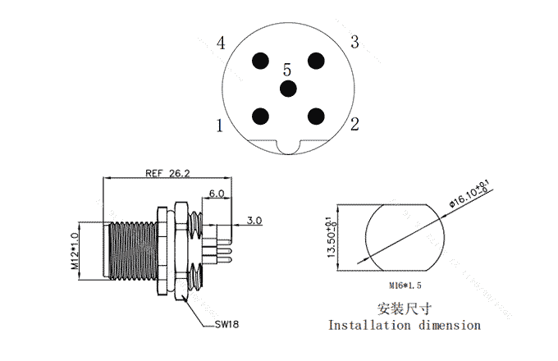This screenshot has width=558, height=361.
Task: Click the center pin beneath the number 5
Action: click(x=288, y=89)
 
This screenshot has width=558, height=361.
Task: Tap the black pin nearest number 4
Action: click(x=260, y=61)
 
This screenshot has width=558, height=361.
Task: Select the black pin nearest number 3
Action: click(x=316, y=61)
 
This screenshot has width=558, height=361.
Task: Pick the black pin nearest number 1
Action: click(x=260, y=117)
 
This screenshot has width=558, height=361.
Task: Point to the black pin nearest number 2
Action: click(x=316, y=117)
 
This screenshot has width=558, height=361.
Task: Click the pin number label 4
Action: click(x=221, y=43)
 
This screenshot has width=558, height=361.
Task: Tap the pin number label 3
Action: click(x=354, y=42)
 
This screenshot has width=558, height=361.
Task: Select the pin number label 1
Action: click(x=220, y=126)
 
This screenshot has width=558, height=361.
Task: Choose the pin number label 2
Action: click(x=354, y=124)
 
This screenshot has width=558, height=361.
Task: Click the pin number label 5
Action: click(x=287, y=70)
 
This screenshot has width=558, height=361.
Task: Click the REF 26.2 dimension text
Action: click(x=167, y=173)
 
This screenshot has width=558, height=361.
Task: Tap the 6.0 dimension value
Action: click(x=217, y=194)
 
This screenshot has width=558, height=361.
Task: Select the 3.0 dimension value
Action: click(x=254, y=221)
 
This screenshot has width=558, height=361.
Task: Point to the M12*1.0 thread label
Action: click(x=75, y=250)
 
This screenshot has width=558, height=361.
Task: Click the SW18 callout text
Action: click(x=227, y=324)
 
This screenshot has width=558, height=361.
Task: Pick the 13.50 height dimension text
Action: click(x=332, y=237)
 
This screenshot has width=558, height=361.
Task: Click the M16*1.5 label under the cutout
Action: click(x=405, y=286)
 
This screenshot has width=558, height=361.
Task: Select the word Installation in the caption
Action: click(x=369, y=325)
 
